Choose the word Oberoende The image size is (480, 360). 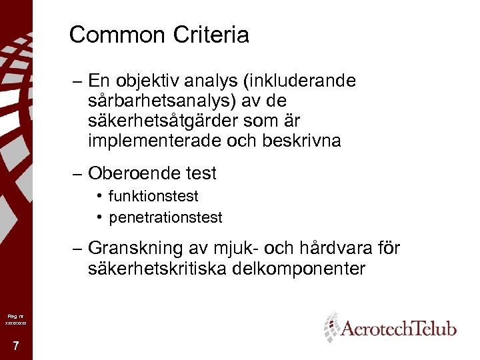point(132,174)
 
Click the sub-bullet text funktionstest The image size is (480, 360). point(153,197)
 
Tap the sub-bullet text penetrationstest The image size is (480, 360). point(165,217)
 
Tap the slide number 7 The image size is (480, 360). point(15,345)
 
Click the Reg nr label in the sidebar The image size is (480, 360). point(15,315)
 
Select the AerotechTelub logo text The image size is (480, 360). point(399,328)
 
